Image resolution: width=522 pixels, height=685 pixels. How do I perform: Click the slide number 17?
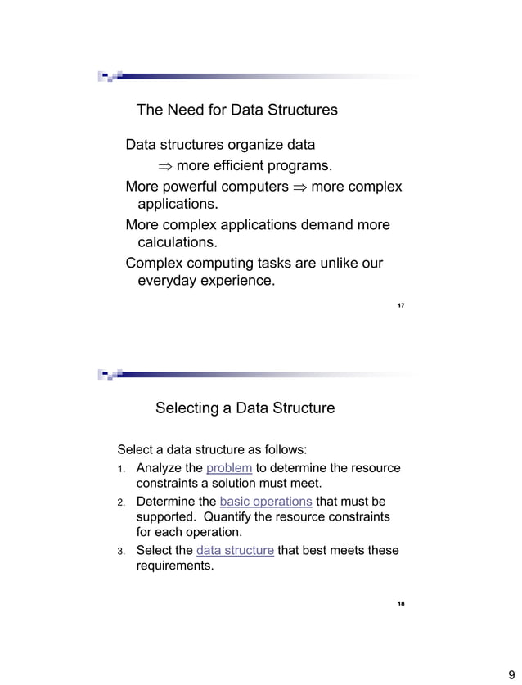(x=401, y=305)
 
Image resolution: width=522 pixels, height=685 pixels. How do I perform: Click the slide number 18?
(x=401, y=604)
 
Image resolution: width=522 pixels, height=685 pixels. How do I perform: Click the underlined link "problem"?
(x=229, y=468)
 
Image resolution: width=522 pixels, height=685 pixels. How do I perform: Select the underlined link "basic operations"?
(x=266, y=501)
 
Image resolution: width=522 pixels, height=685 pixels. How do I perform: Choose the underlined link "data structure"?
(x=235, y=550)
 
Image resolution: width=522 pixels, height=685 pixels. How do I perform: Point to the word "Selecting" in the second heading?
(x=187, y=408)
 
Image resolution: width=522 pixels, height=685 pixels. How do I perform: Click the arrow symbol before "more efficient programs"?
(x=166, y=167)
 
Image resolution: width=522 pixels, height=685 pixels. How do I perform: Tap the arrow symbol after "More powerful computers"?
(x=299, y=187)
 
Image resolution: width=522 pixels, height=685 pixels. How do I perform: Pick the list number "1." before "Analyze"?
(x=119, y=469)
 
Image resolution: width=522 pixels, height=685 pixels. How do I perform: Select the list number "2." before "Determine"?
(x=119, y=502)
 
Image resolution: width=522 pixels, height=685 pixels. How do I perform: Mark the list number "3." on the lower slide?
(x=119, y=551)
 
